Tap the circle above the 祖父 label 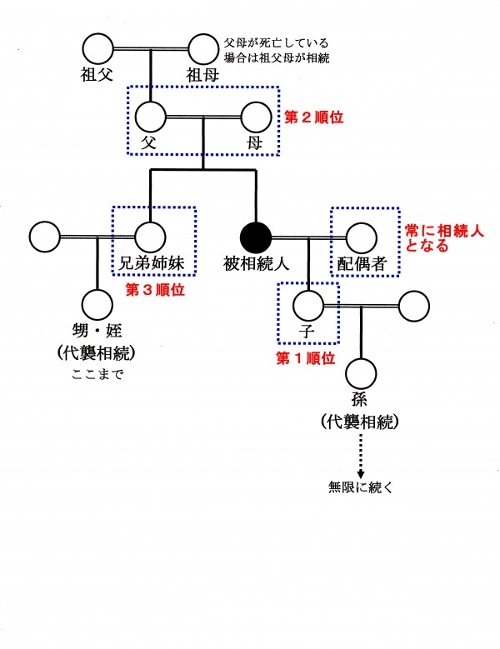click(97, 48)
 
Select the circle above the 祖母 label click(202, 48)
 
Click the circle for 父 click(151, 117)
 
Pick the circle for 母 click(255, 117)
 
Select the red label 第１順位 click(305, 359)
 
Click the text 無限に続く click(361, 487)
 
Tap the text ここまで click(97, 374)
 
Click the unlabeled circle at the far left click(45, 237)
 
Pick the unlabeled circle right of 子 click(414, 306)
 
